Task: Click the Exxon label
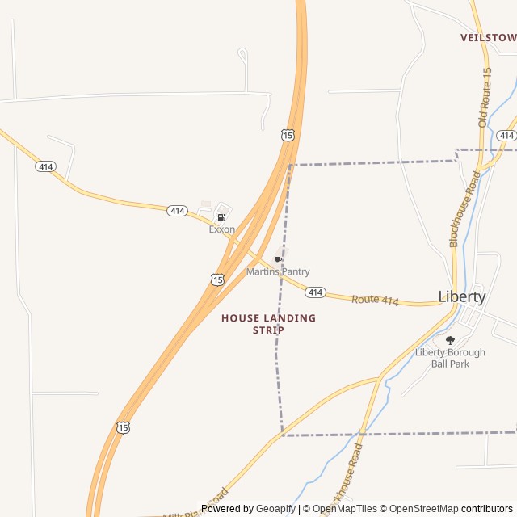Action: (x=222, y=229)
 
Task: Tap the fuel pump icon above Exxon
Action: (x=221, y=217)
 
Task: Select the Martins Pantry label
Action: (x=278, y=272)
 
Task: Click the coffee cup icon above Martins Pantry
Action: (x=279, y=260)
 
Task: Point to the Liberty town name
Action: (x=462, y=296)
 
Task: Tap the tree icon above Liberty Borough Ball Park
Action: (x=450, y=340)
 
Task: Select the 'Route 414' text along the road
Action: (x=375, y=301)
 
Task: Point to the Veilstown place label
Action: (x=488, y=38)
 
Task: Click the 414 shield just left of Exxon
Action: (x=178, y=211)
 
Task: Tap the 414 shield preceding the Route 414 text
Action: (x=316, y=292)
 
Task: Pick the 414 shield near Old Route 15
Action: (x=506, y=135)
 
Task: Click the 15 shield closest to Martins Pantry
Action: (x=217, y=279)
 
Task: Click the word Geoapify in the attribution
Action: (x=276, y=509)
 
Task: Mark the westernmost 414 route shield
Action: (x=45, y=166)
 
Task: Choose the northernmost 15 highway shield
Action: (x=288, y=135)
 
